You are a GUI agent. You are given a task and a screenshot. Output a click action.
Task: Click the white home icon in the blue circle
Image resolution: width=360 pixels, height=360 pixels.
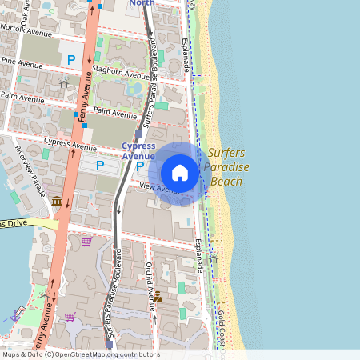pyautogui.click(x=180, y=173)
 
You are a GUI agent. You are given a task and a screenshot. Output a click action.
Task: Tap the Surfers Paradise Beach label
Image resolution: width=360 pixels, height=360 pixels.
pyautogui.click(x=226, y=167)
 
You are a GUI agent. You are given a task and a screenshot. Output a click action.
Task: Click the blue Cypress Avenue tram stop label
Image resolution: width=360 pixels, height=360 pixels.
pyautogui.click(x=138, y=150)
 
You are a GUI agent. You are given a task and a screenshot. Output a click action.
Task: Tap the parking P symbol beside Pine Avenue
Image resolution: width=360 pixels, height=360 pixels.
pyautogui.click(x=71, y=59)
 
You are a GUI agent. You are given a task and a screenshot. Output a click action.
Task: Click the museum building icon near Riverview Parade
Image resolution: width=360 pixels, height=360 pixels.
pyautogui.click(x=56, y=201)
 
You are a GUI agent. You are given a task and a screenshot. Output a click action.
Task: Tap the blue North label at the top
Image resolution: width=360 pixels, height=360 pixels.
pyautogui.click(x=142, y=3)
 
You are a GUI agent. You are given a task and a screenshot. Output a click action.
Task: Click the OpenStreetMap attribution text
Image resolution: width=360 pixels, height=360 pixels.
pyautogui.click(x=80, y=354)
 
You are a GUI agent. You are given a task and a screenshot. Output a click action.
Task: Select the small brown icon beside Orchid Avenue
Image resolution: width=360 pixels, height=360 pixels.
pyautogui.click(x=158, y=297)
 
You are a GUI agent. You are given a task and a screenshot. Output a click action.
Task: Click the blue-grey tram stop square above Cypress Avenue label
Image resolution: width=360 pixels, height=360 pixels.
pyautogui.click(x=138, y=134)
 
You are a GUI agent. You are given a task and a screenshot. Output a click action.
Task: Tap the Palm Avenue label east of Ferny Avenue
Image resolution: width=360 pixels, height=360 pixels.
pyautogui.click(x=114, y=114)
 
